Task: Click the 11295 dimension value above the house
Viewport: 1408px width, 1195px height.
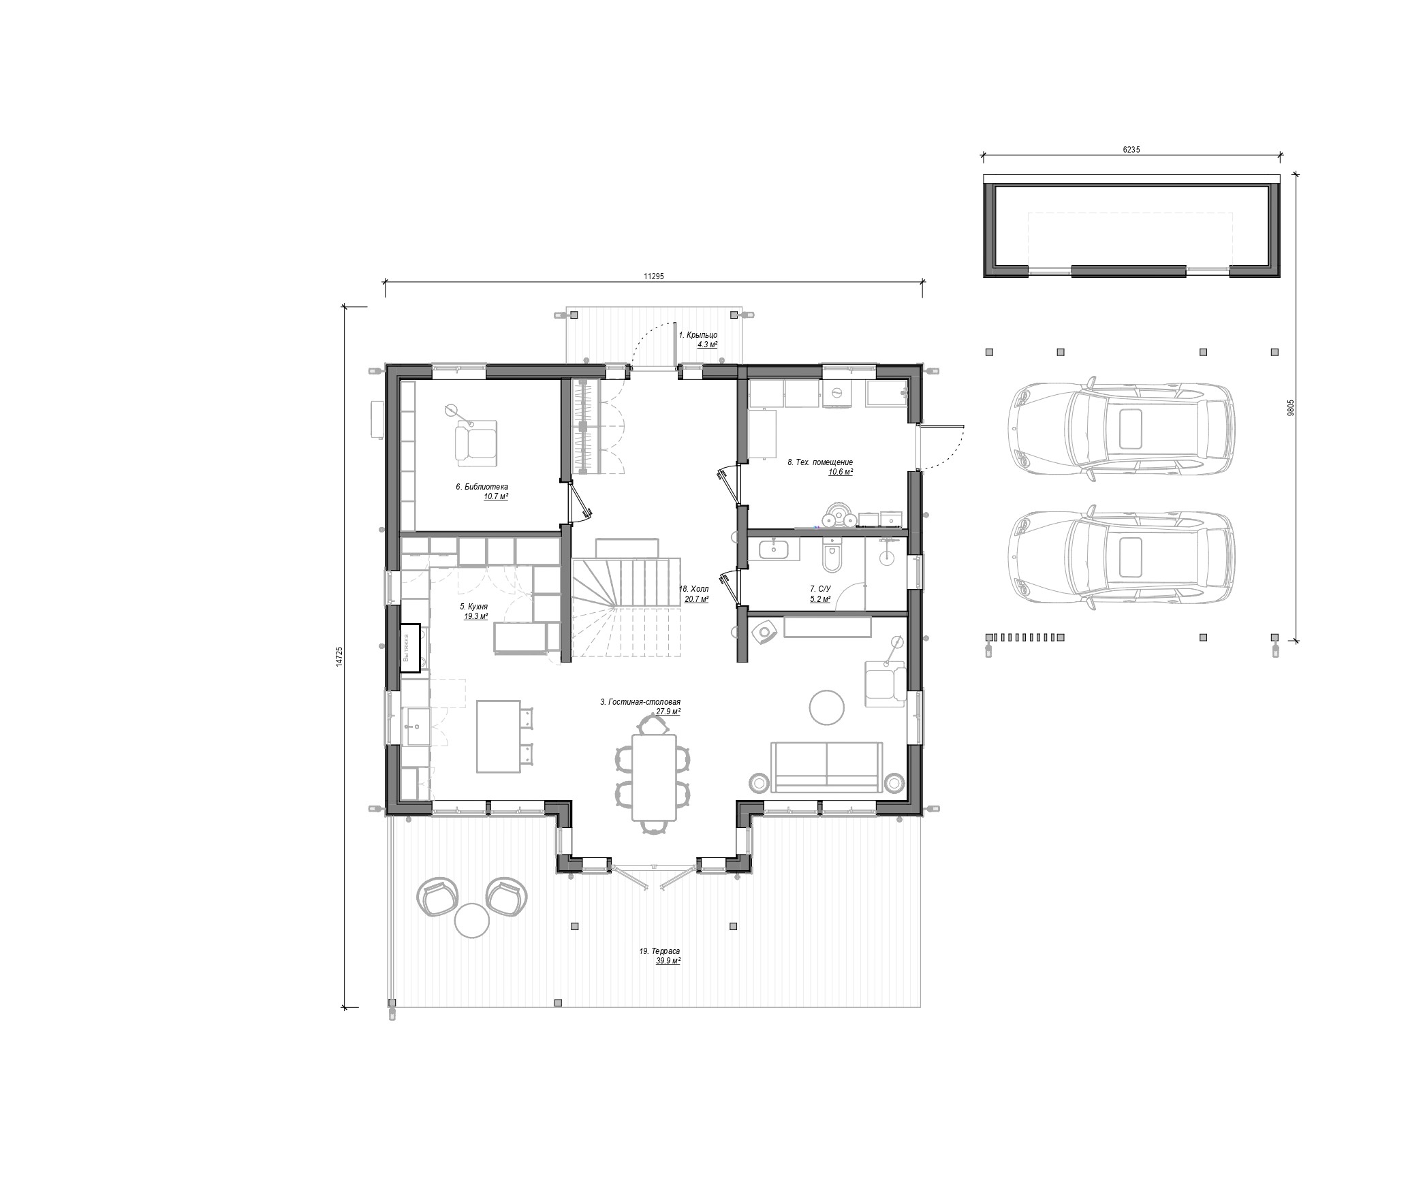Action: tap(653, 276)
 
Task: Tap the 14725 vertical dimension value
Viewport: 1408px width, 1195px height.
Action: tap(339, 656)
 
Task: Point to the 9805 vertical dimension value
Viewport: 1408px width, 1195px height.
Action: tap(1290, 407)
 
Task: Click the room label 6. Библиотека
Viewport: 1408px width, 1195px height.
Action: tap(482, 487)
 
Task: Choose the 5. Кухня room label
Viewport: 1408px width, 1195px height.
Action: tap(473, 606)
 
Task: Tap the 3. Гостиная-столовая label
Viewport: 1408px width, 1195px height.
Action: tap(640, 701)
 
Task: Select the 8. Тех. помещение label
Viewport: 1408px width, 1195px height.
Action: tap(820, 462)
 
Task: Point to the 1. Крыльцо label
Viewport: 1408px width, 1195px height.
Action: tap(698, 335)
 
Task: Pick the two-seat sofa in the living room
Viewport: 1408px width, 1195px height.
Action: tap(826, 767)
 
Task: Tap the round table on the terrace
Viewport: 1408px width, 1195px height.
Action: tap(471, 921)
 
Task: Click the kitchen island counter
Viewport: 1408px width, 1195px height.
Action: tap(498, 736)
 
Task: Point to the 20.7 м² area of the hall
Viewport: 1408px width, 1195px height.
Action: tap(696, 600)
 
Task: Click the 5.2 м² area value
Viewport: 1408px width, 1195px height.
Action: tap(820, 599)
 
